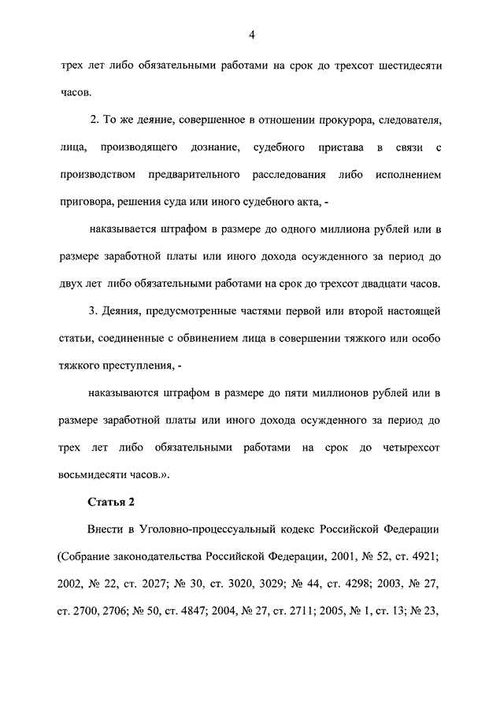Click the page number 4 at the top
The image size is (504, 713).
click(251, 33)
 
